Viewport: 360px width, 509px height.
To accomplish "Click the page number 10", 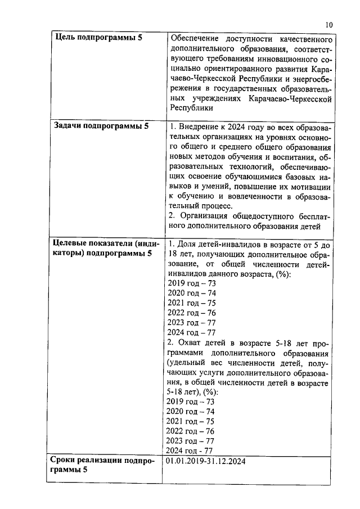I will (x=329, y=25).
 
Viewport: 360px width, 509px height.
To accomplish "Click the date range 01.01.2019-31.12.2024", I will (x=206, y=461).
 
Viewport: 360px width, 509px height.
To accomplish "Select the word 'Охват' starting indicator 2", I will (x=190, y=343).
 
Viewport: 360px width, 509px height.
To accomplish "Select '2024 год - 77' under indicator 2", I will (x=190, y=451).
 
